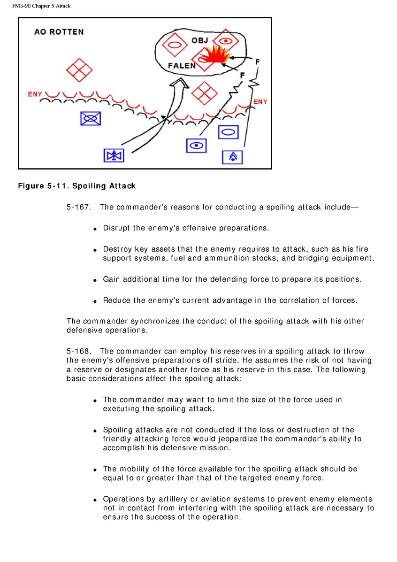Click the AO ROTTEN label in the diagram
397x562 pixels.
pyautogui.click(x=59, y=32)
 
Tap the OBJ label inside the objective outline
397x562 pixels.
pyautogui.click(x=200, y=40)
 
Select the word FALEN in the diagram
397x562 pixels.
pyautogui.click(x=182, y=66)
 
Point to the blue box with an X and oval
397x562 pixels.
pyautogui.click(x=91, y=118)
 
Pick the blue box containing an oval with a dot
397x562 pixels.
pyautogui.click(x=196, y=146)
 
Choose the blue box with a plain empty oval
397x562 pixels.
pyautogui.click(x=229, y=132)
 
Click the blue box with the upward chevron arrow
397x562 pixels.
pyautogui.click(x=232, y=157)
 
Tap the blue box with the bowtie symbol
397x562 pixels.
pyautogui.click(x=114, y=155)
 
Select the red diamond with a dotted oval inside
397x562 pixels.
pyautogui.click(x=227, y=41)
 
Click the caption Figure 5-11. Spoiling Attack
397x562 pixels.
pyautogui.click(x=76, y=186)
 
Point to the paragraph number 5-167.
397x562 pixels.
pyautogui.click(x=78, y=207)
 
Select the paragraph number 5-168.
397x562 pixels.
pyautogui.click(x=78, y=351)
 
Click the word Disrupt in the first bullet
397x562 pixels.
pyautogui.click(x=116, y=228)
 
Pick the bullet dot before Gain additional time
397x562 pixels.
pyautogui.click(x=95, y=280)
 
